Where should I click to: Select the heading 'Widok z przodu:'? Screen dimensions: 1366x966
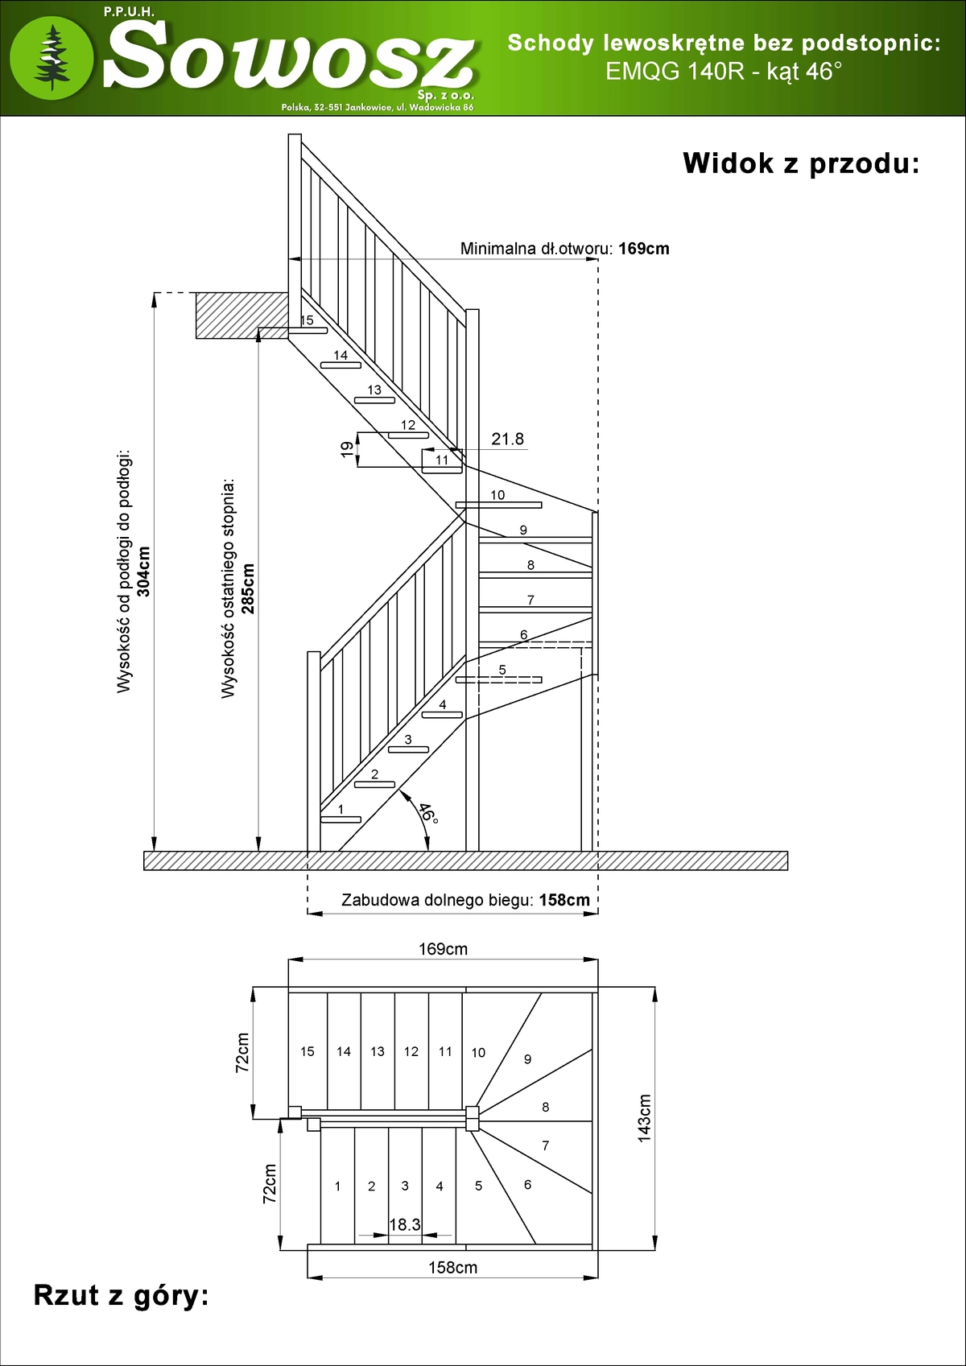pyautogui.click(x=801, y=163)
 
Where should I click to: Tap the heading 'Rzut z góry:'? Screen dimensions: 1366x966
pyautogui.click(x=121, y=1295)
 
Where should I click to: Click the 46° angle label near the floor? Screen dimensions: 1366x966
pyautogui.click(x=428, y=813)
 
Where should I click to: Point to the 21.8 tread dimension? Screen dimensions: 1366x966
pyautogui.click(x=507, y=439)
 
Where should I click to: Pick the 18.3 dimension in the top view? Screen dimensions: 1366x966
pyautogui.click(x=404, y=1224)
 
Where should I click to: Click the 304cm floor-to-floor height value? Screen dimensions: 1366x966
pyautogui.click(x=144, y=572)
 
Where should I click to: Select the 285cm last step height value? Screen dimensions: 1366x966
pyautogui.click(x=248, y=588)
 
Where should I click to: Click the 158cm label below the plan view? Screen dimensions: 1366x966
pyautogui.click(x=452, y=1268)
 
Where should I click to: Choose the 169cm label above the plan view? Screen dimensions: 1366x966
pyautogui.click(x=443, y=949)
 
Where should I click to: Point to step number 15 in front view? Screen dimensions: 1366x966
pyautogui.click(x=307, y=320)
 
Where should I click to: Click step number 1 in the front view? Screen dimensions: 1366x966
pyautogui.click(x=341, y=809)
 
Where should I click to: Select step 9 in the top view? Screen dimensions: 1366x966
pyautogui.click(x=527, y=1059)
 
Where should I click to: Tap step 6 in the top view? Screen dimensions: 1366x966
pyautogui.click(x=527, y=1184)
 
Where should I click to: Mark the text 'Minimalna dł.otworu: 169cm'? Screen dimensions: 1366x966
pyautogui.click(x=564, y=249)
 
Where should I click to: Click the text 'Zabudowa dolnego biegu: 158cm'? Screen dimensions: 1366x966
pyautogui.click(x=465, y=900)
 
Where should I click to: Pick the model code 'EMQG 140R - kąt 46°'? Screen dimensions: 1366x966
pyautogui.click(x=724, y=72)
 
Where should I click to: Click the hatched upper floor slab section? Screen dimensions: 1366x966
pyautogui.click(x=242, y=315)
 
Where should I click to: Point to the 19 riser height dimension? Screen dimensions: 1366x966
pyautogui.click(x=347, y=449)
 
